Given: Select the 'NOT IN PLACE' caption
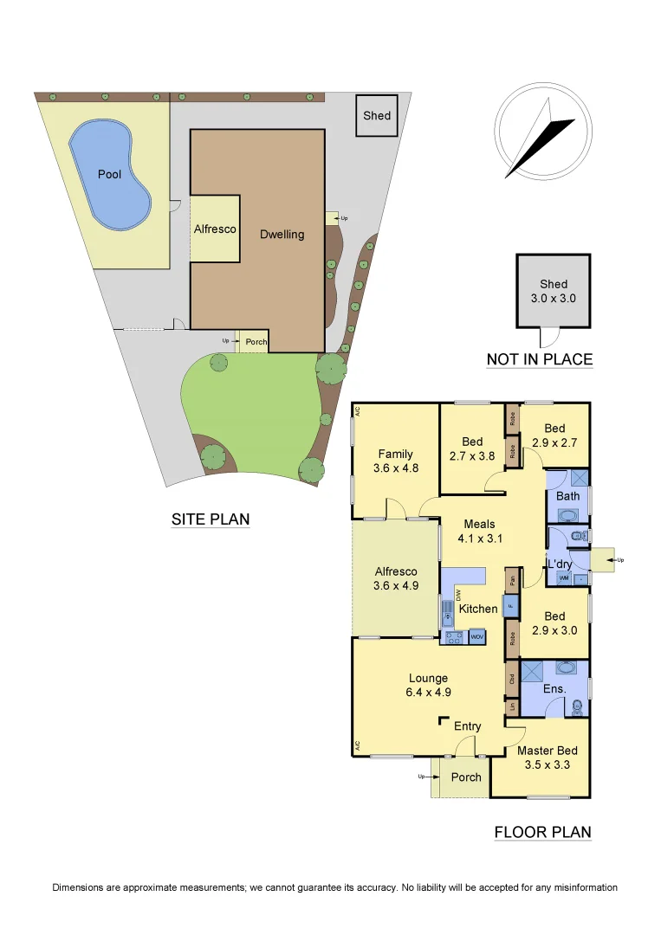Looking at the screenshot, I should [540, 359].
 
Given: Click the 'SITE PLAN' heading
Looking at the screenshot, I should [211, 519].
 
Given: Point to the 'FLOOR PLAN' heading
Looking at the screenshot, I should [542, 833].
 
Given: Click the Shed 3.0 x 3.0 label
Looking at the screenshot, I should [554, 291].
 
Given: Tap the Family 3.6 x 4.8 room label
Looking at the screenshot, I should [395, 461].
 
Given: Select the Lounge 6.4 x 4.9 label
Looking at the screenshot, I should [429, 685].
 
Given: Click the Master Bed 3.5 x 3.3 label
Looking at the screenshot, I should [547, 758].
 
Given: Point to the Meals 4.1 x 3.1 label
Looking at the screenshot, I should [479, 531].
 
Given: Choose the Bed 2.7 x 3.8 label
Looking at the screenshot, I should [472, 448].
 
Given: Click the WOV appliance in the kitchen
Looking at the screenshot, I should [476, 637].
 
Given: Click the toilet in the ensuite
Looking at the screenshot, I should [578, 708].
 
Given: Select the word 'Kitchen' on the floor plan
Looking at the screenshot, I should [478, 609].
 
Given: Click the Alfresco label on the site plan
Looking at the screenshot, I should [214, 229].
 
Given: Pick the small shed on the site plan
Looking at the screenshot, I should [377, 116].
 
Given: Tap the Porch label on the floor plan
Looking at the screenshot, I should [466, 777].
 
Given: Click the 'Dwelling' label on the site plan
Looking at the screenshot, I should [282, 234].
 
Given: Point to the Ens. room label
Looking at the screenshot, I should [554, 688].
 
